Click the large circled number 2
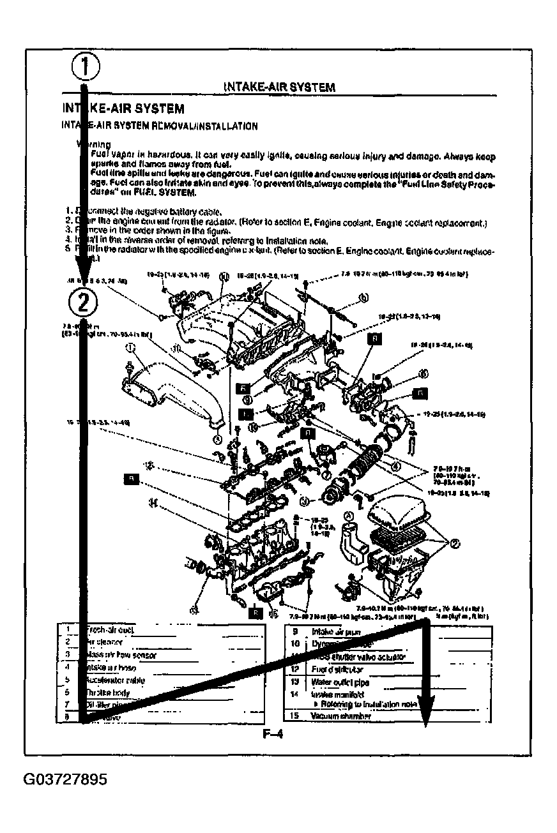click(83, 302)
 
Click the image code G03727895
click(66, 780)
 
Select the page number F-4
click(273, 733)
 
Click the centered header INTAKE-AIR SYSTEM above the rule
click(279, 87)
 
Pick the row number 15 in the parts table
click(295, 716)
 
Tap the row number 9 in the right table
click(295, 631)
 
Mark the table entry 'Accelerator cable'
click(115, 680)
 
